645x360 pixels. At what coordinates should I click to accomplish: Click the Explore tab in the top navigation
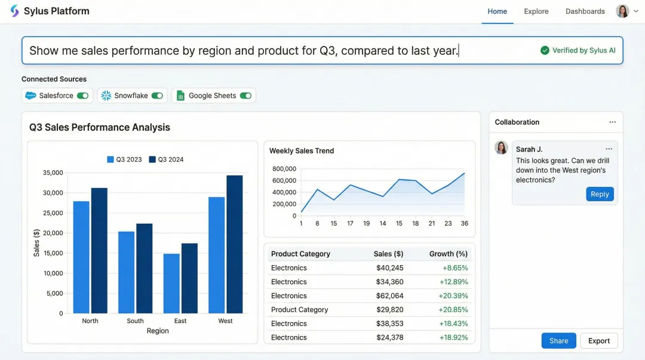pyautogui.click(x=536, y=11)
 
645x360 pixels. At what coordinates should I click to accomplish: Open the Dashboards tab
pyautogui.click(x=585, y=11)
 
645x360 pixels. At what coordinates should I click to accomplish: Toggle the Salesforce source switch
pyautogui.click(x=82, y=96)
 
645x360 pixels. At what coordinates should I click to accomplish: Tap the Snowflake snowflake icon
pyautogui.click(x=106, y=96)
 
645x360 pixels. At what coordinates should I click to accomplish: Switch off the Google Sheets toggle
pyautogui.click(x=245, y=96)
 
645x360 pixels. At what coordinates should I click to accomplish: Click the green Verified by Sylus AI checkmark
pyautogui.click(x=545, y=51)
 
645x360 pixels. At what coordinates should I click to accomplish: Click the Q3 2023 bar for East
pyautogui.click(x=171, y=283)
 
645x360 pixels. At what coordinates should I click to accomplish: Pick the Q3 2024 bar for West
pyautogui.click(x=235, y=244)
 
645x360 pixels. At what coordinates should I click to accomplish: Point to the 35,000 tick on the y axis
pyautogui.click(x=53, y=173)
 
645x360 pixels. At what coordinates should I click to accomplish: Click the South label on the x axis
pyautogui.click(x=135, y=321)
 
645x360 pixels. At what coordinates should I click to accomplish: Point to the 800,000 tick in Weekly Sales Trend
pyautogui.click(x=284, y=169)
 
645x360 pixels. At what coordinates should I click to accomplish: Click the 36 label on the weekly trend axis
pyautogui.click(x=464, y=223)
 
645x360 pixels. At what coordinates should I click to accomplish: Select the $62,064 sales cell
pyautogui.click(x=389, y=296)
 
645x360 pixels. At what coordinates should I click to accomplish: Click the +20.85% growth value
pyautogui.click(x=453, y=309)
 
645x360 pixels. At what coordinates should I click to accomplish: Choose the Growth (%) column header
pyautogui.click(x=448, y=254)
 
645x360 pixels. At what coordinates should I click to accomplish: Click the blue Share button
pyautogui.click(x=558, y=341)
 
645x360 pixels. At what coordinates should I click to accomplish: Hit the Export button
pyautogui.click(x=598, y=341)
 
